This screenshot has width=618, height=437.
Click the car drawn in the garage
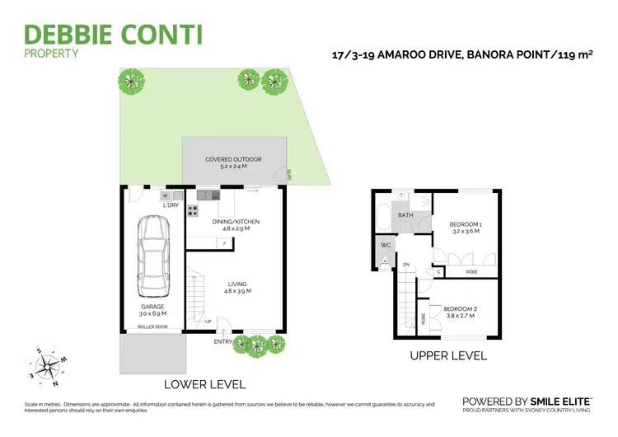coord(153,257)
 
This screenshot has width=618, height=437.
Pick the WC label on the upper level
coord(386,245)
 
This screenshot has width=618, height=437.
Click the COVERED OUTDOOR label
coord(234,162)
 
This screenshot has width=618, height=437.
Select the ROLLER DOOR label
coord(153,326)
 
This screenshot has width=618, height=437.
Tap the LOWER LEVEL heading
coord(204,384)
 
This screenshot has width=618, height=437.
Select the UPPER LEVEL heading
coord(449,356)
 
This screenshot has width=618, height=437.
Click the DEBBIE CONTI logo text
coord(114,35)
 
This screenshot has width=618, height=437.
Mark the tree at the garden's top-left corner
coord(130,80)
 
